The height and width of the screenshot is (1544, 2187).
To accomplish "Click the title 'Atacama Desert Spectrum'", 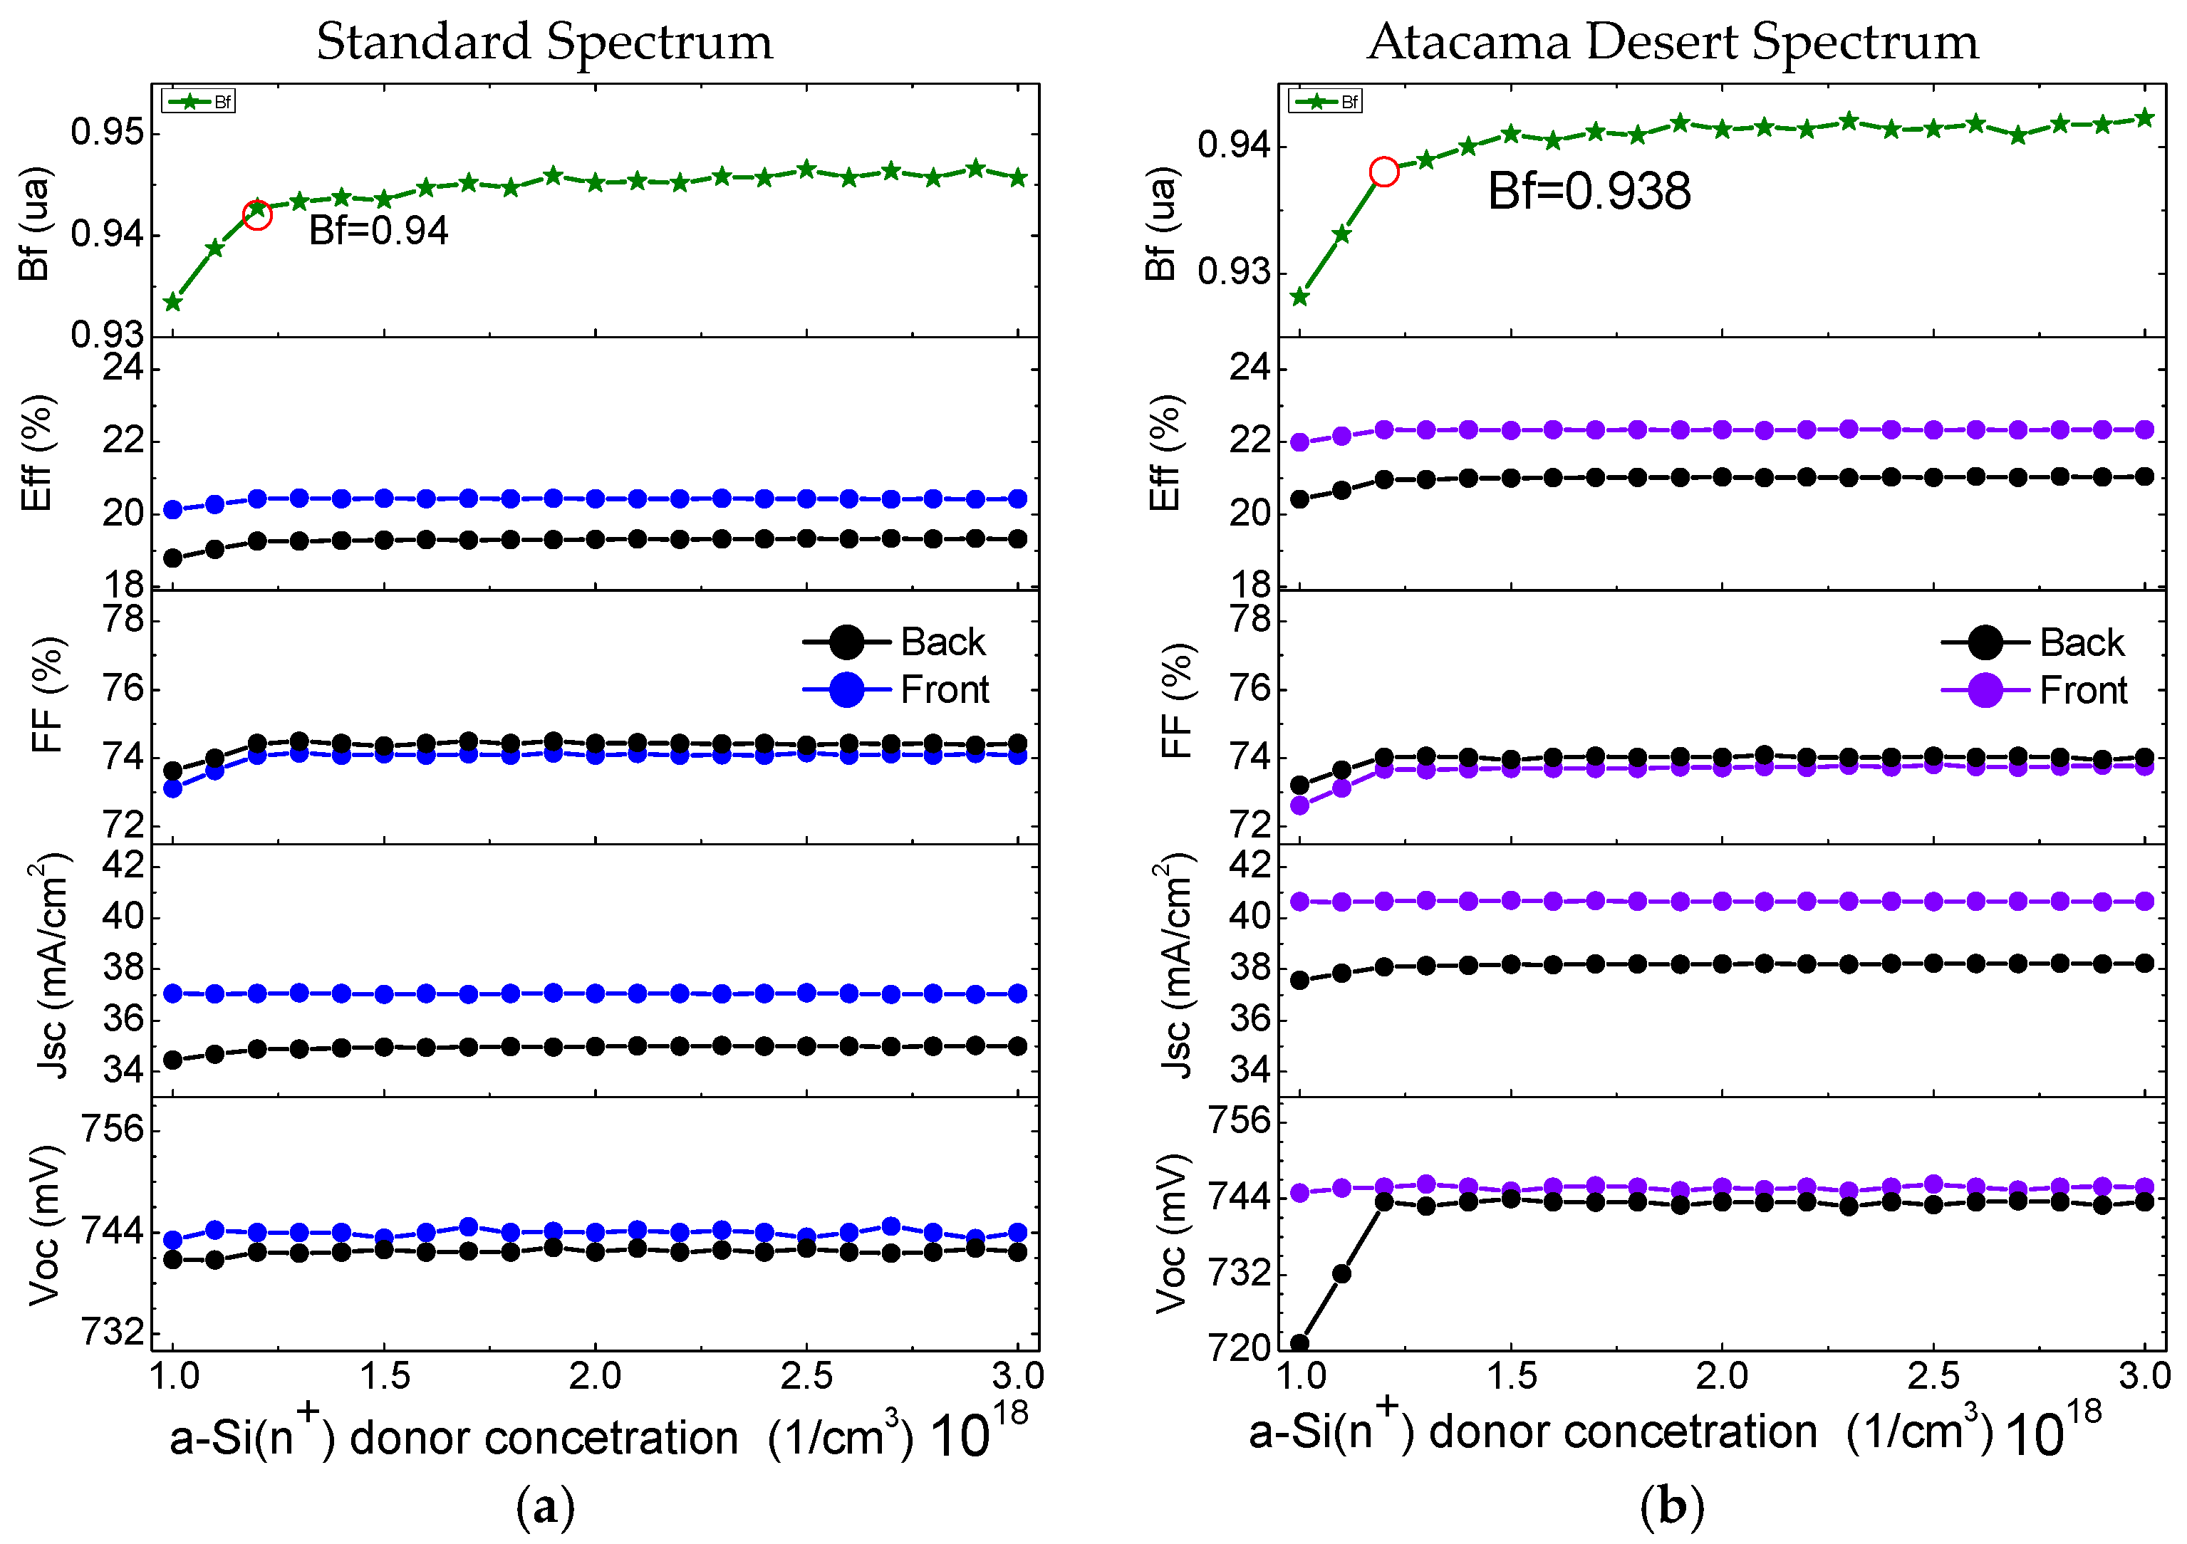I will (1672, 43).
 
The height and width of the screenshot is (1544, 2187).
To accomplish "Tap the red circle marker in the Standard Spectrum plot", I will (257, 214).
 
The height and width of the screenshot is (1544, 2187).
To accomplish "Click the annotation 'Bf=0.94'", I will (378, 231).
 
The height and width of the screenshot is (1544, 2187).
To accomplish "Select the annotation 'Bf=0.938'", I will (1589, 192).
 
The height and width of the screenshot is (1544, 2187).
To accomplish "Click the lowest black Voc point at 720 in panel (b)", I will (1299, 1344).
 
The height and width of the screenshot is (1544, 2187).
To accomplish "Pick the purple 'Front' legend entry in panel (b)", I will (2034, 689).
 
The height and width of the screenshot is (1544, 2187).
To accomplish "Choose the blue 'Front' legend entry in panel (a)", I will (895, 689).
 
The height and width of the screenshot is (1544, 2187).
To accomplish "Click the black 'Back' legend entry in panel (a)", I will (895, 642).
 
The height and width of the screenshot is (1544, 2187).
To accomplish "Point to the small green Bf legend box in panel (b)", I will (1325, 101).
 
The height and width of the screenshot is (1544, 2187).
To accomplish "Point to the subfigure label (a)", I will (545, 1508).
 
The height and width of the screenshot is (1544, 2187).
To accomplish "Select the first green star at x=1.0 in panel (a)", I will (172, 303).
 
